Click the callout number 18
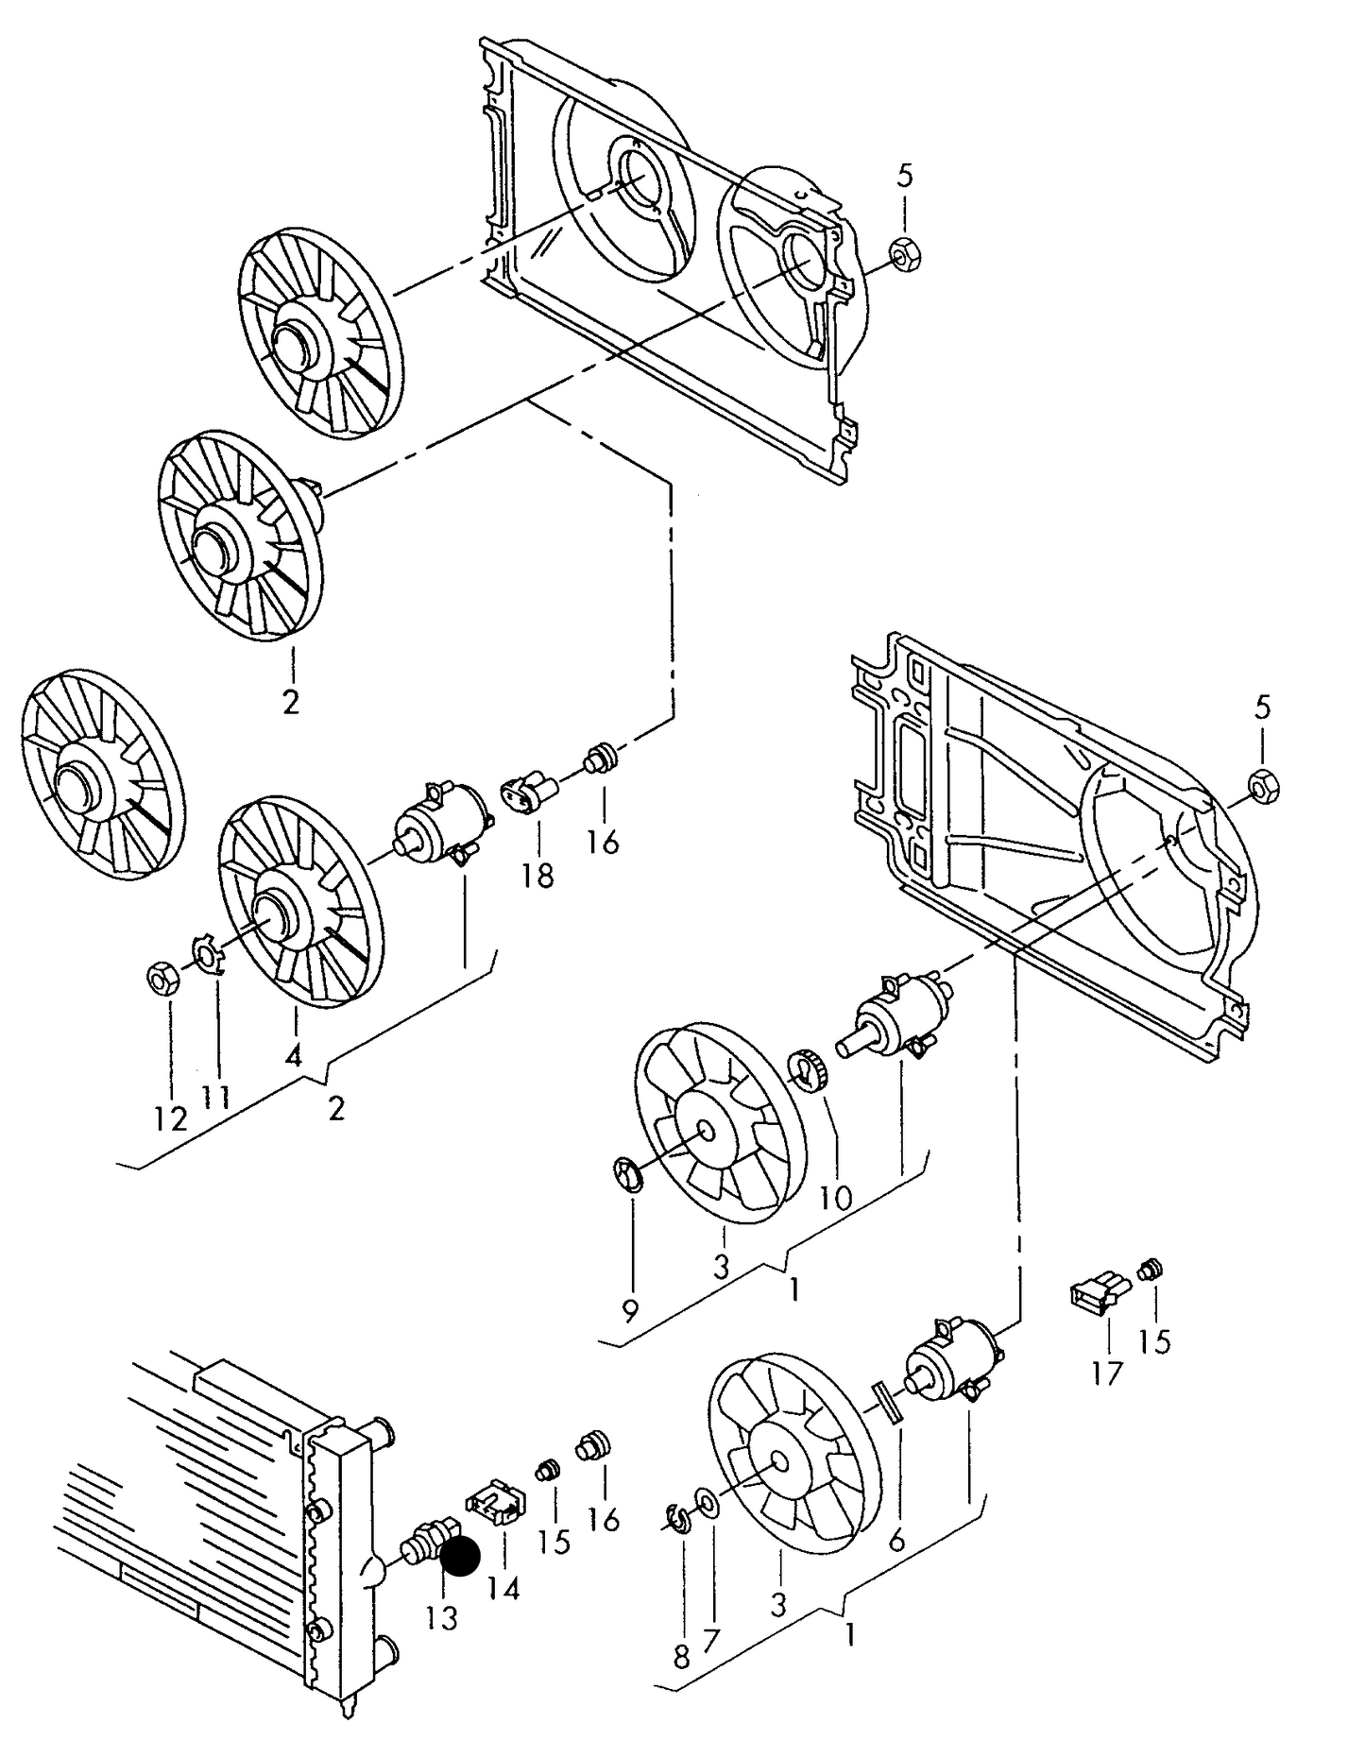click(537, 876)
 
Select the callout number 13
click(441, 1618)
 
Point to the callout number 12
click(171, 1119)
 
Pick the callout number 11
click(216, 1098)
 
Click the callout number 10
click(836, 1199)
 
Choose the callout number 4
click(293, 1055)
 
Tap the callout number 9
click(630, 1310)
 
